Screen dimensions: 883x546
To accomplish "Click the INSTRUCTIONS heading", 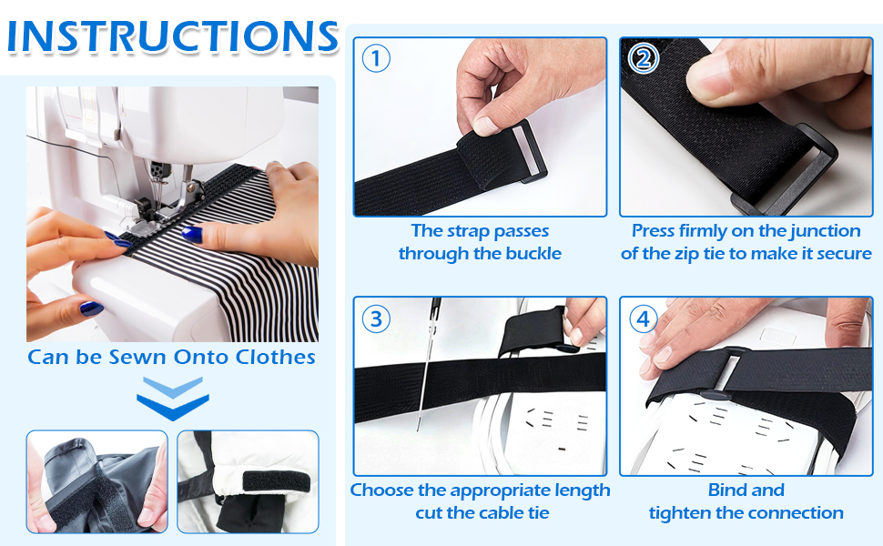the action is tap(172, 36).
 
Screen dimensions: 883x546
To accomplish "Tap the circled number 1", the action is tap(376, 58).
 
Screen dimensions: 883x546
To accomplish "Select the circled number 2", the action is tap(643, 58).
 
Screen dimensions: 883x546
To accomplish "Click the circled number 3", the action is tap(376, 318).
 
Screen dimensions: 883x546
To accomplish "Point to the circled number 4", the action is tap(643, 318).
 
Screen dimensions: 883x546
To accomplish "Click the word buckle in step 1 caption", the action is tap(533, 253).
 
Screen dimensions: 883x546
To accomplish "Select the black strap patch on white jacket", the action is tap(276, 481).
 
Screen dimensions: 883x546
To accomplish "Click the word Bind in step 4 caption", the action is tap(746, 490).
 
